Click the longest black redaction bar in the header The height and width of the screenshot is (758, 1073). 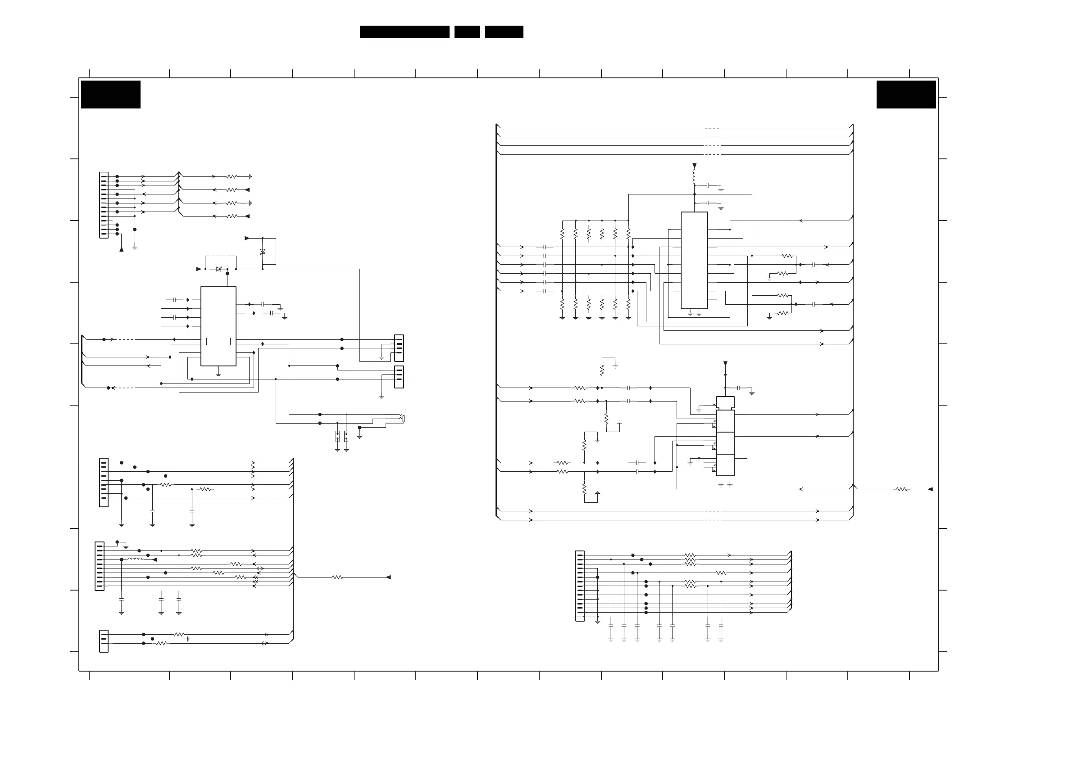click(404, 32)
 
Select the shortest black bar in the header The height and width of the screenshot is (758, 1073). click(467, 32)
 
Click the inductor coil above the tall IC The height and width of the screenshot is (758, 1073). click(694, 176)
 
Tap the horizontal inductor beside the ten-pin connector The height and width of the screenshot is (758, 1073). click(135, 559)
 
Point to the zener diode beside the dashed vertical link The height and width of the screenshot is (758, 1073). click(263, 252)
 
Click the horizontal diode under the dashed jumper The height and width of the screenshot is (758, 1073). click(218, 269)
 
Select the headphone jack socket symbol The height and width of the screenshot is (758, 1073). click(402, 418)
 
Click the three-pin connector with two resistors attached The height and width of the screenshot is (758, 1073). click(104, 641)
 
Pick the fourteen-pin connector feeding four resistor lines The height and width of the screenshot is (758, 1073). click(104, 205)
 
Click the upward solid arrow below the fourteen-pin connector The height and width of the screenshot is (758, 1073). click(122, 249)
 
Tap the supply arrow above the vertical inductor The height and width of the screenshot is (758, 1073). click(695, 165)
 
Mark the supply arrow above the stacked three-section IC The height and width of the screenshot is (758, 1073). click(725, 363)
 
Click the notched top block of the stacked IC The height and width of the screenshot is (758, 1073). click(725, 402)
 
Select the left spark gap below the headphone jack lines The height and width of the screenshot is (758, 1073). click(337, 436)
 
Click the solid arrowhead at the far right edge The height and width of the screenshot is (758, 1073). click(930, 489)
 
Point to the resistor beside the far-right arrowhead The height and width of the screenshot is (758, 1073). click(901, 489)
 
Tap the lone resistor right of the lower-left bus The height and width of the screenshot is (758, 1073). click(337, 577)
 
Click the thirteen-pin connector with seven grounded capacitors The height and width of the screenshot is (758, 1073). click(580, 586)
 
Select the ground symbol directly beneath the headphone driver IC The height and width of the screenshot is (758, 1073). click(218, 374)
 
